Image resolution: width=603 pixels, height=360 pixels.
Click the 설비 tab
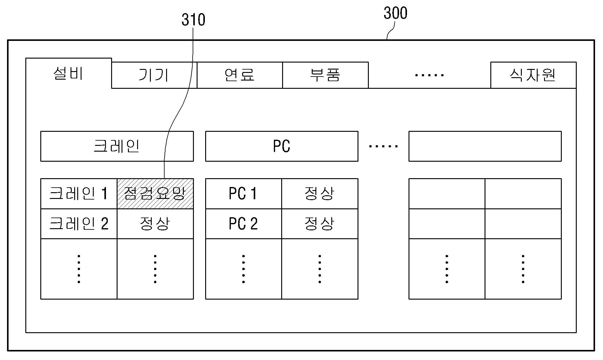pyautogui.click(x=69, y=73)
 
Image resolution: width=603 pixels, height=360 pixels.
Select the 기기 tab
pyautogui.click(x=154, y=75)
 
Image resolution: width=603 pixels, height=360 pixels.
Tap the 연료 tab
pyautogui.click(x=240, y=75)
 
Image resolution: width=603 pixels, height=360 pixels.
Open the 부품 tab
pyautogui.click(x=325, y=75)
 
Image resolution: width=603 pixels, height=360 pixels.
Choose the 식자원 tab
pyautogui.click(x=533, y=75)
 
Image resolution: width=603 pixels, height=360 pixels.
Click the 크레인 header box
pyautogui.click(x=117, y=146)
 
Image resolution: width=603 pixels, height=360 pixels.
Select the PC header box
pyautogui.click(x=282, y=146)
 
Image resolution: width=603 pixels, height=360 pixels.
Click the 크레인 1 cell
pyautogui.click(x=79, y=194)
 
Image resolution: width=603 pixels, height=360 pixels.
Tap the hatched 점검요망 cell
pyautogui.click(x=155, y=194)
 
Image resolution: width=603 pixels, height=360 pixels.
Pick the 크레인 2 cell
pyautogui.click(x=79, y=224)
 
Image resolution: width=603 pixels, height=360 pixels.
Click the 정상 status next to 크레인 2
pyautogui.click(x=155, y=224)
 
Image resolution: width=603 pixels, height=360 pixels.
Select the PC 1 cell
pyautogui.click(x=243, y=194)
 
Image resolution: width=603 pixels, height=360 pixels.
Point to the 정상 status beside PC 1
pyautogui.click(x=320, y=194)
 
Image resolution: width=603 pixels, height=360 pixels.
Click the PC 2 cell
pyautogui.click(x=243, y=224)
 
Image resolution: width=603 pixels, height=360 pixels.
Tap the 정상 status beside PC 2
pyautogui.click(x=320, y=224)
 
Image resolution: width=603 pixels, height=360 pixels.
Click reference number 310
pyautogui.click(x=193, y=20)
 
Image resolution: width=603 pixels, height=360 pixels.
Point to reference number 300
pyautogui.click(x=395, y=13)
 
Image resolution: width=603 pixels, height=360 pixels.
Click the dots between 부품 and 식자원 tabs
pyautogui.click(x=429, y=75)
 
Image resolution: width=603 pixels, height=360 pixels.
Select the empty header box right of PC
pyautogui.click(x=485, y=146)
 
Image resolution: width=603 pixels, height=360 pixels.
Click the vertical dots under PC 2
pyautogui.click(x=243, y=269)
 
